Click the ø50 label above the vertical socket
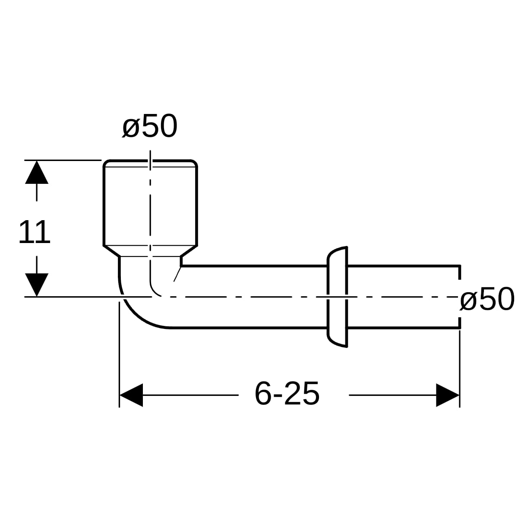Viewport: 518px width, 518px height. [150, 126]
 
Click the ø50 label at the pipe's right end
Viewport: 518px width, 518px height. [487, 299]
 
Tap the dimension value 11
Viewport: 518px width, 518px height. [35, 231]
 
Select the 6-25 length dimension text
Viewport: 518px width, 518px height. [287, 394]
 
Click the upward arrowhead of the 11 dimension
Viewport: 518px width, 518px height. [37, 172]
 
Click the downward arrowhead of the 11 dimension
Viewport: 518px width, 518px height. [37, 285]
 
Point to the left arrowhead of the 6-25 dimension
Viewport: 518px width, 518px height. [131, 395]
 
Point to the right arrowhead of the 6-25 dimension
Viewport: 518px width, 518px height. [448, 395]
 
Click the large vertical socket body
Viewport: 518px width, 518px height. [150, 203]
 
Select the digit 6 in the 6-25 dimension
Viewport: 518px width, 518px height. [262, 394]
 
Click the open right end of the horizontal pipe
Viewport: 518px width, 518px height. [460, 297]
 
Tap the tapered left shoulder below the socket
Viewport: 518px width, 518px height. [111, 251]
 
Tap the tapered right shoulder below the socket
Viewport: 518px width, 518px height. [189, 251]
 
